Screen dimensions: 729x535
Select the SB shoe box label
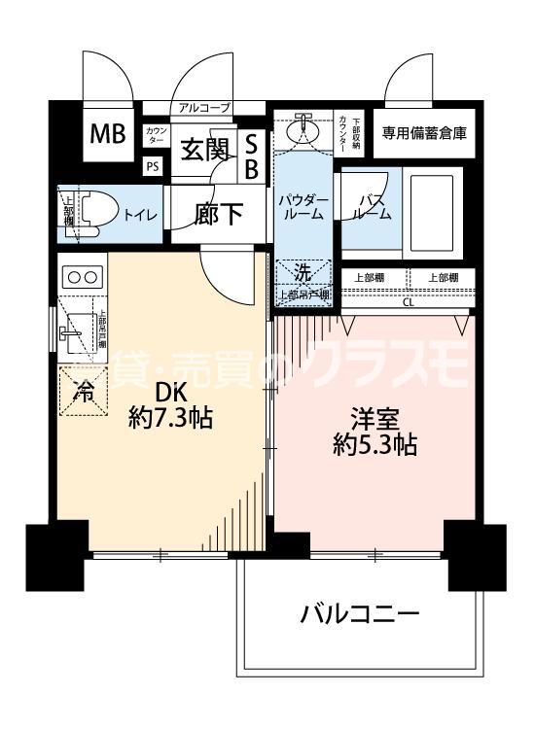coord(250,156)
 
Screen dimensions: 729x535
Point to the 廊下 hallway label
coord(219,214)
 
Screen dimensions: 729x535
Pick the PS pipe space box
coord(153,166)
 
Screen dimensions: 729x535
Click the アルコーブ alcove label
coord(204,108)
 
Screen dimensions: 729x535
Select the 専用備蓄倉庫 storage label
coord(424,133)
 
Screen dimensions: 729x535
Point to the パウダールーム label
coord(303,206)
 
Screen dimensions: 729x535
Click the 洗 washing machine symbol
coord(303,273)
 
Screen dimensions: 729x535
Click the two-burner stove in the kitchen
coord(81,276)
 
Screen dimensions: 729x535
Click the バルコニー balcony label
coord(359,614)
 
